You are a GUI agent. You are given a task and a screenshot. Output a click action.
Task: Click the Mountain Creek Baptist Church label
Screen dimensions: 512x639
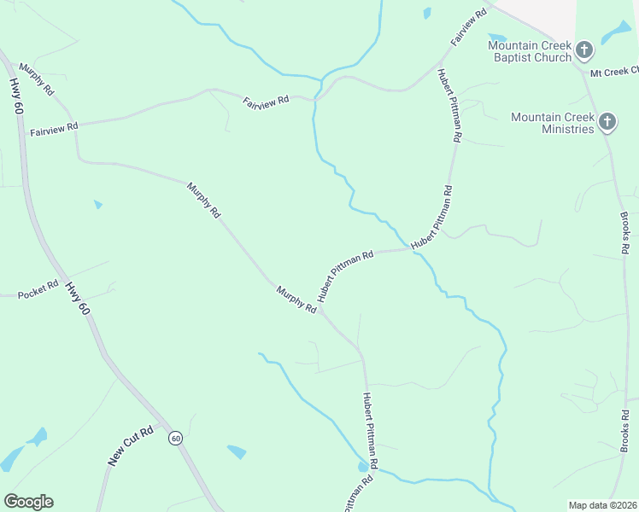pyautogui.click(x=529, y=51)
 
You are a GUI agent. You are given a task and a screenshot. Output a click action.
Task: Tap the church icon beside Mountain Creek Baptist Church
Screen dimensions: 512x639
pyautogui.click(x=584, y=50)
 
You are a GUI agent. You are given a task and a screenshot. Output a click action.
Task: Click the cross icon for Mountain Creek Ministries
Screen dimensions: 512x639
pyautogui.click(x=607, y=122)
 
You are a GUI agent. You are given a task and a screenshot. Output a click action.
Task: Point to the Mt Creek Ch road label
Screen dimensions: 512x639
pyautogui.click(x=614, y=73)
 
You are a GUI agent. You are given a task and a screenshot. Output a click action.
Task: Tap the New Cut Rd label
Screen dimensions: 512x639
pyautogui.click(x=131, y=445)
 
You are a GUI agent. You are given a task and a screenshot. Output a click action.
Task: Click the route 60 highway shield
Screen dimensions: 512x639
pyautogui.click(x=175, y=438)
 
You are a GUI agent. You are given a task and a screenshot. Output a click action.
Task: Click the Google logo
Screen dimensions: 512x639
pyautogui.click(x=28, y=502)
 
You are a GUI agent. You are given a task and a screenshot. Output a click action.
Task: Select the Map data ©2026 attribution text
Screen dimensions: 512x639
pyautogui.click(x=602, y=504)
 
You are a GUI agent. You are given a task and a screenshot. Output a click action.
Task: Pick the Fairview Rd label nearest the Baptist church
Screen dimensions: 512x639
pyautogui.click(x=470, y=27)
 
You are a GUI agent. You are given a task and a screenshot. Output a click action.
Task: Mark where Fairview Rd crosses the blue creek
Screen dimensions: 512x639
pyautogui.click(x=318, y=99)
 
